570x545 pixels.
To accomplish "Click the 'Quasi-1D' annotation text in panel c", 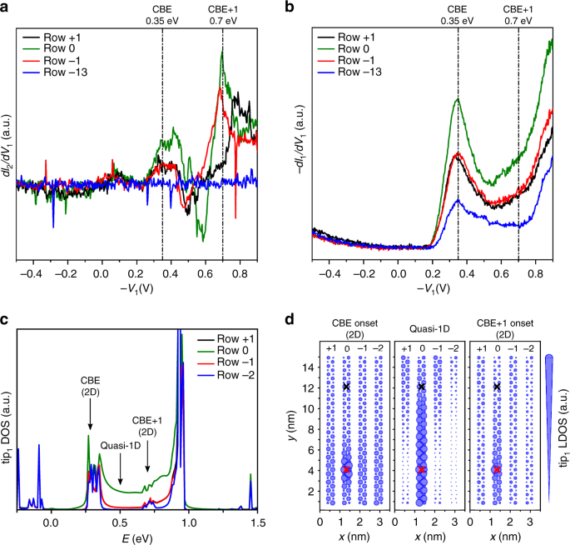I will pos(118,445).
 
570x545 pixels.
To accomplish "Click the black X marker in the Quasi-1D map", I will pos(422,387).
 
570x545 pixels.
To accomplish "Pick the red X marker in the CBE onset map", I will pos(347,469).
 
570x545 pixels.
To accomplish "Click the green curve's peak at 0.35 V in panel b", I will pos(457,99).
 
